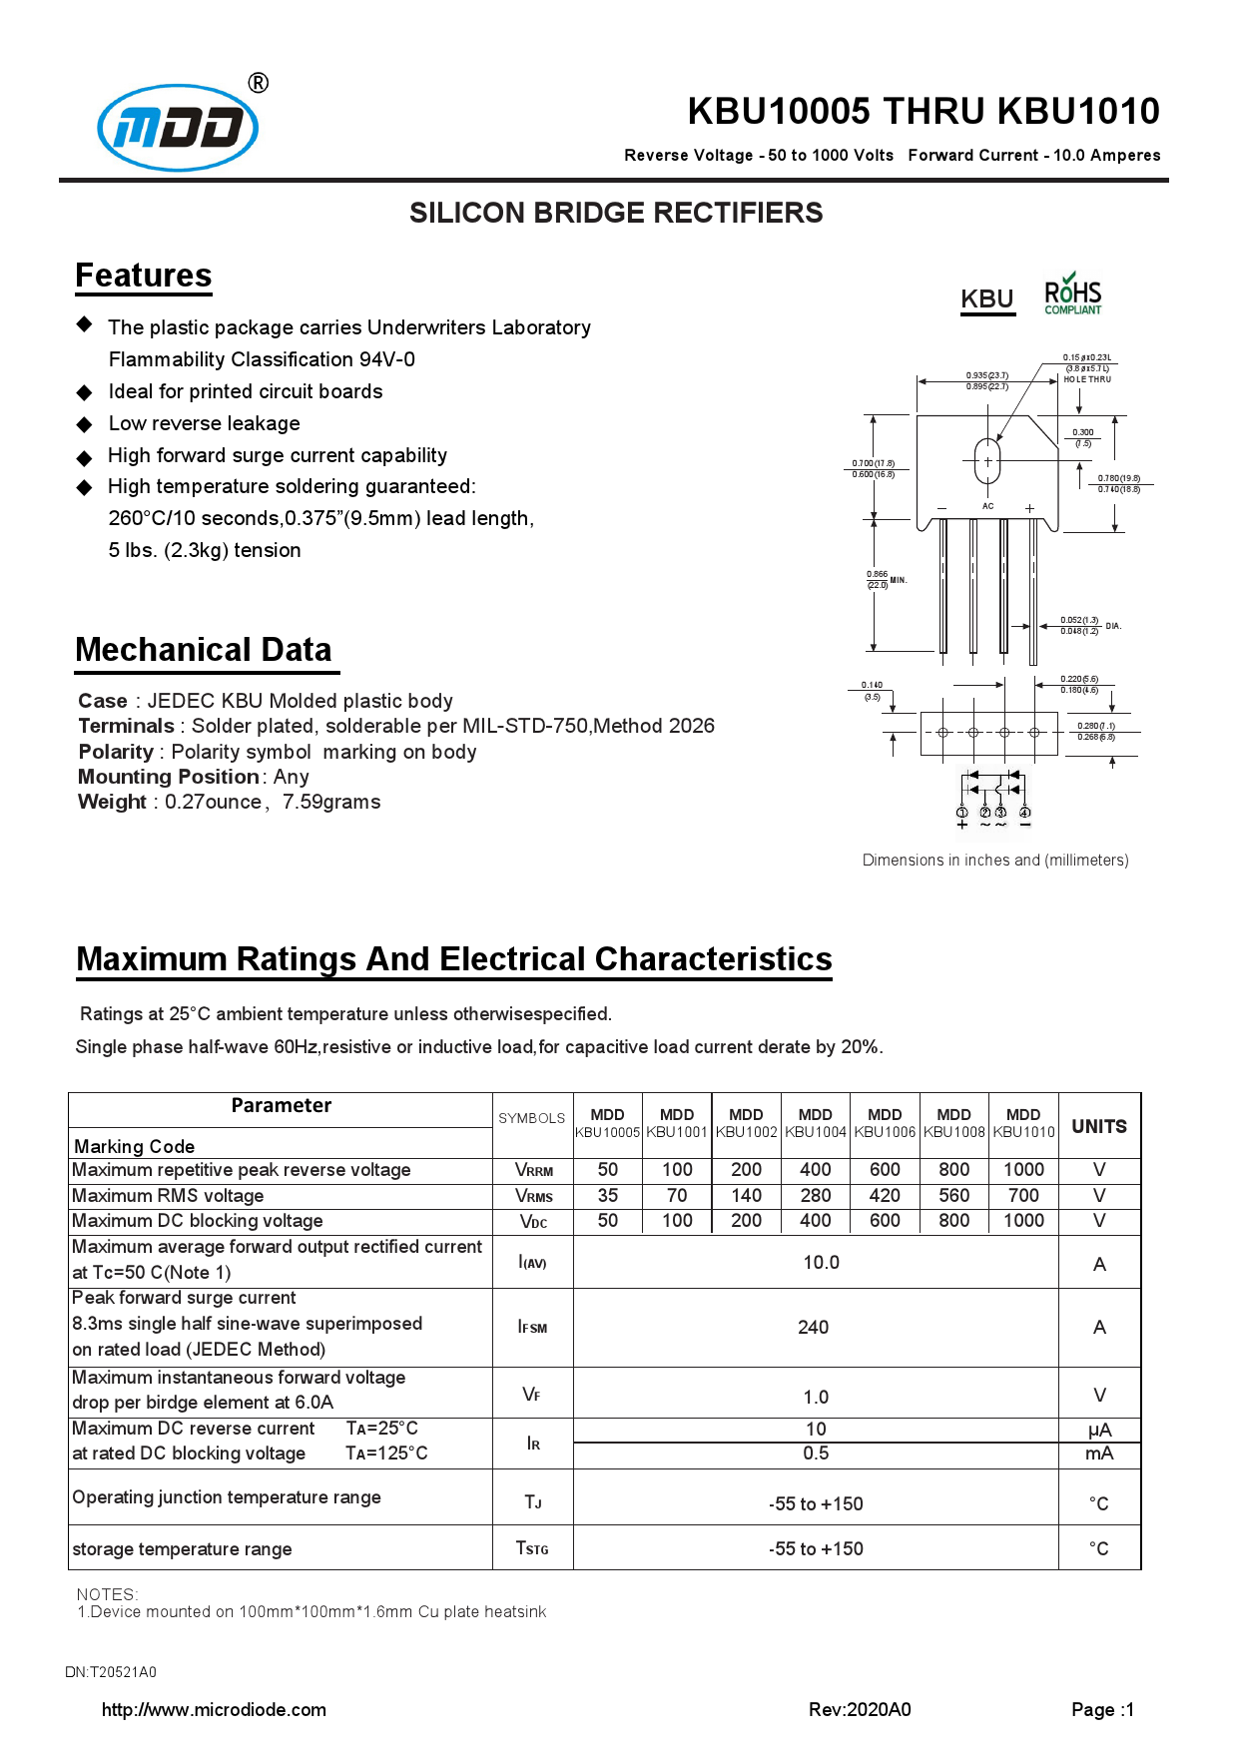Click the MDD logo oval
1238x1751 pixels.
tap(178, 128)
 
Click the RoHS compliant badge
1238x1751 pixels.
tap(1072, 295)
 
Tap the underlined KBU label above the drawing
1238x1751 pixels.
tap(986, 299)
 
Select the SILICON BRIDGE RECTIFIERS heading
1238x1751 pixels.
tap(616, 213)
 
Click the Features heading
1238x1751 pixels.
tap(144, 276)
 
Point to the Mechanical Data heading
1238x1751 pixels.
tap(204, 650)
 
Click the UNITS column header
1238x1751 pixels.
tap(1098, 1126)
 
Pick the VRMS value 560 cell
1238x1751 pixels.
tap(953, 1195)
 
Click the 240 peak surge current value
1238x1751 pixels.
tap(813, 1327)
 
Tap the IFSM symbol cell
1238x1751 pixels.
tap(532, 1327)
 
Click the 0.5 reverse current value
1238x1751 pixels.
tap(816, 1454)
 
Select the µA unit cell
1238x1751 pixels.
tap(1099, 1430)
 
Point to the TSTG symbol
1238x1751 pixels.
tap(532, 1548)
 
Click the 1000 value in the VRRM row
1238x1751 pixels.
tap(1023, 1169)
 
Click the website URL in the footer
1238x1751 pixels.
tap(214, 1709)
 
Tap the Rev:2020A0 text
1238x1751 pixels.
tap(860, 1709)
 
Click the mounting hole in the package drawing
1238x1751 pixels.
tap(987, 461)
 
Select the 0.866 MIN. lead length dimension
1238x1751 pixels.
tap(885, 580)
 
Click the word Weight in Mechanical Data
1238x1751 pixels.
tap(112, 802)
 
